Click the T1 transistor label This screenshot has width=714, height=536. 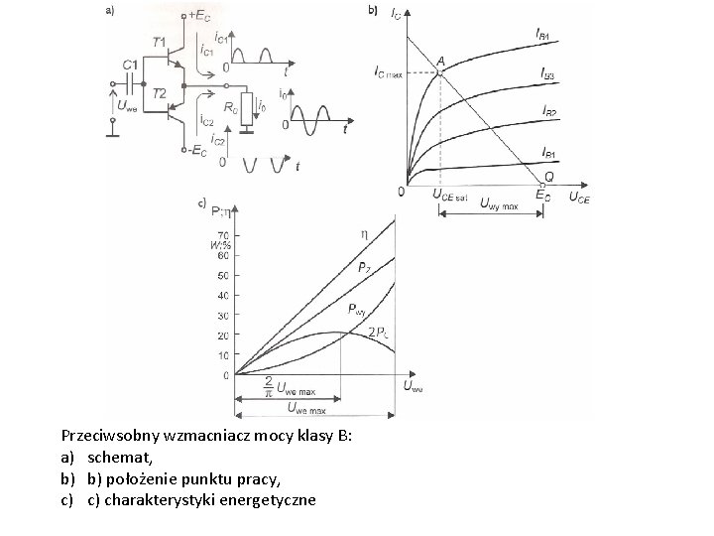(x=160, y=41)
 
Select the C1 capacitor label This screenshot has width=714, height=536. (x=130, y=65)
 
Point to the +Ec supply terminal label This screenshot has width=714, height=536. (x=197, y=16)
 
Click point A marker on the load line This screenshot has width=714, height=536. (x=439, y=70)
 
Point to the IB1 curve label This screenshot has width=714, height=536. (x=549, y=153)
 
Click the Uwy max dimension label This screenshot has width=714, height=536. (x=498, y=205)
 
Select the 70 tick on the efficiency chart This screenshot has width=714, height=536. (x=222, y=234)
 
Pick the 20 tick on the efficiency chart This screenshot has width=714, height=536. (x=222, y=335)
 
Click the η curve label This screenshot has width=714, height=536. (x=364, y=234)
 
